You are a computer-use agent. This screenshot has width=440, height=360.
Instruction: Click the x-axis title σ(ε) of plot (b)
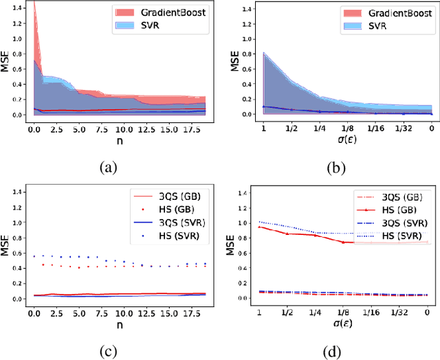[348, 142]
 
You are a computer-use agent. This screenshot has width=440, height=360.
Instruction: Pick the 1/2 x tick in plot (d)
[288, 313]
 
